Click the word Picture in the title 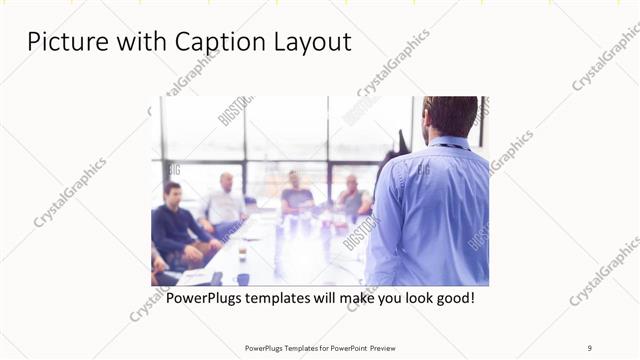click(x=63, y=42)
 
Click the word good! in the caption click(x=453, y=298)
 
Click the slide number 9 click(x=590, y=348)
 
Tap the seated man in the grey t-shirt click(x=295, y=195)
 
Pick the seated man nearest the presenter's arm click(x=352, y=198)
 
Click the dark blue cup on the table click(x=242, y=280)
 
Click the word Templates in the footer click(x=290, y=348)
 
